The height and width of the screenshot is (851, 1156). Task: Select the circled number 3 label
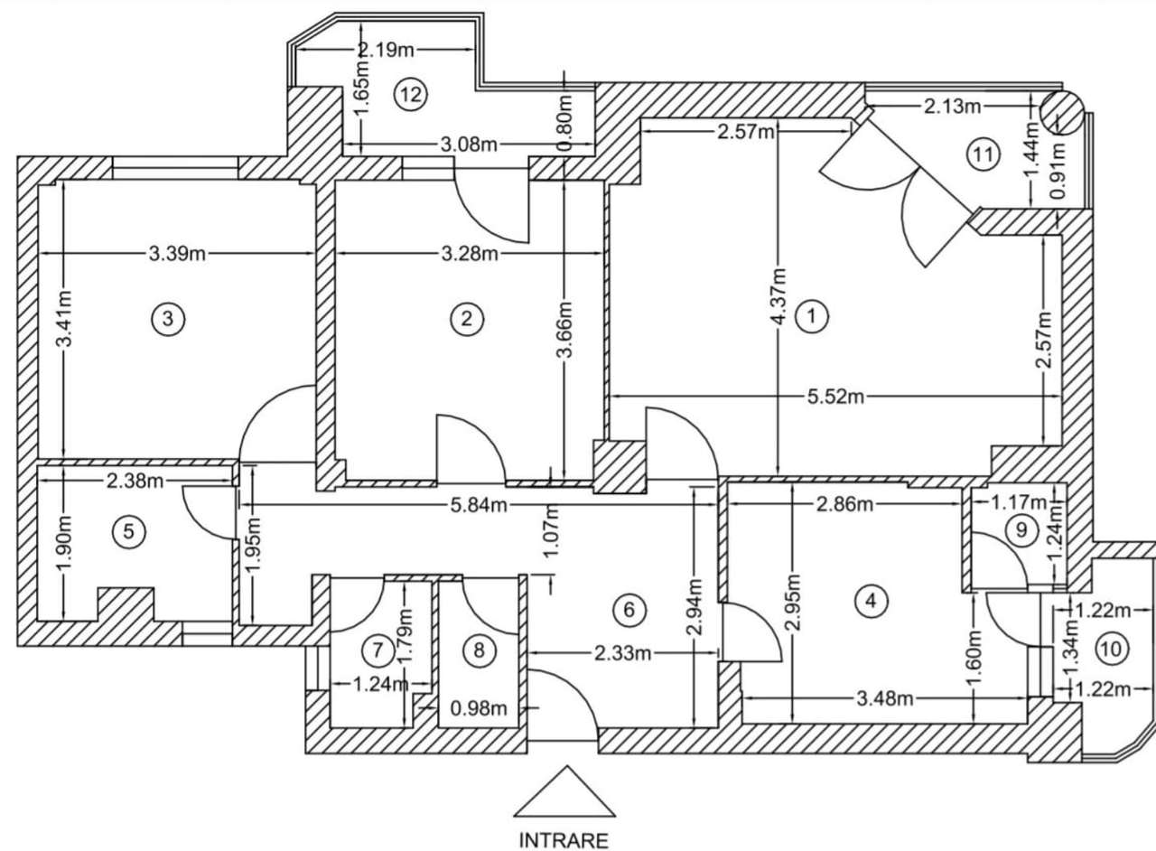point(168,318)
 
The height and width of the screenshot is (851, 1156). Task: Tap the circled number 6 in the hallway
point(629,610)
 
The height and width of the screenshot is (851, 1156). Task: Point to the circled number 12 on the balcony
point(411,94)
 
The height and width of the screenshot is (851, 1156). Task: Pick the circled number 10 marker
point(1111,648)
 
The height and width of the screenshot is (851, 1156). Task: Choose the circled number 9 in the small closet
point(1021,530)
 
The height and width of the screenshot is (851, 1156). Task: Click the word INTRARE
point(564,839)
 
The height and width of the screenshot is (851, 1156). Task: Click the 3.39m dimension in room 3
point(178,254)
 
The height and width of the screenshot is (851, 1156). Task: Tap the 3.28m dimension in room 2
point(471,254)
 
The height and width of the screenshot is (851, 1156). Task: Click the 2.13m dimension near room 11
point(952,108)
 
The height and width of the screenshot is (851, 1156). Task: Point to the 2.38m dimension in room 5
point(135,481)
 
